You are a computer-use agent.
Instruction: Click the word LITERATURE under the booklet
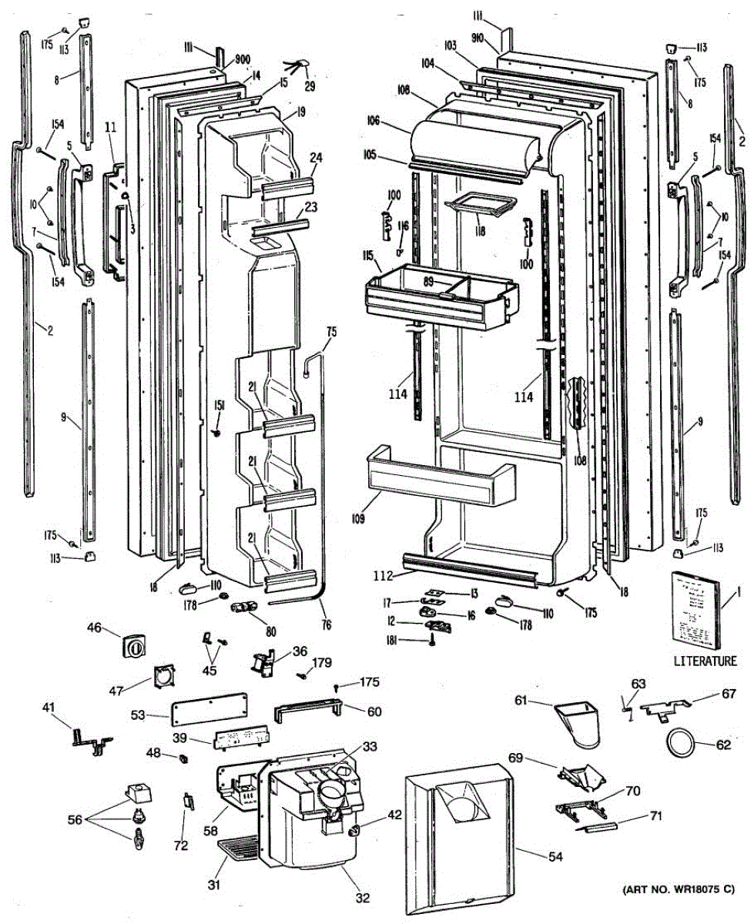point(705,661)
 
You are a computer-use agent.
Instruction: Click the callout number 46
point(94,628)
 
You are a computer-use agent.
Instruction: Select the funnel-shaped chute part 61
point(578,719)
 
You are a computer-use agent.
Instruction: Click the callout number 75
point(332,332)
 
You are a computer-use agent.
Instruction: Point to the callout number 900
point(243,59)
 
